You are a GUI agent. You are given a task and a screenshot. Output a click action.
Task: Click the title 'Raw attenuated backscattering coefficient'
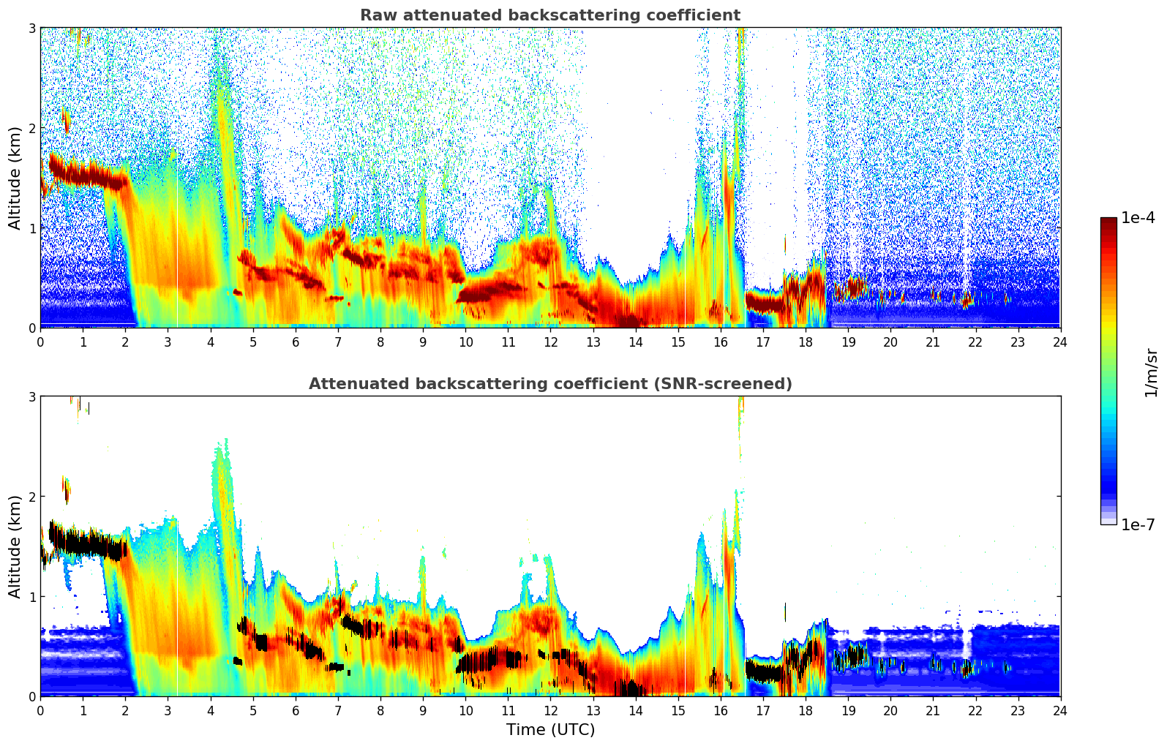(x=549, y=15)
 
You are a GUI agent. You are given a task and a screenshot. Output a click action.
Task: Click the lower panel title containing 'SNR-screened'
(x=549, y=384)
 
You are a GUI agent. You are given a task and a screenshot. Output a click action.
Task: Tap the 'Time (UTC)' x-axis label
(x=550, y=730)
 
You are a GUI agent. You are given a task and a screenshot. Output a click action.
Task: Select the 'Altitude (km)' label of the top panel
(x=15, y=178)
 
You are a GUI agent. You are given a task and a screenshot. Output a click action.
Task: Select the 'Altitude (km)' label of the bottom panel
(x=15, y=546)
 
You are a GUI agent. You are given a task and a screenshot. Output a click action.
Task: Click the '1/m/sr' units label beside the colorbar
(x=1151, y=372)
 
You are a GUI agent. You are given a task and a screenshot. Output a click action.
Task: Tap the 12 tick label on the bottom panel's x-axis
(x=550, y=711)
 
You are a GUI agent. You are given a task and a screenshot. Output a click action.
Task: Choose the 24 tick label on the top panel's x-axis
(x=1060, y=342)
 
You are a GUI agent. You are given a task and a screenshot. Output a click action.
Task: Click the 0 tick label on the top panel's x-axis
(x=40, y=342)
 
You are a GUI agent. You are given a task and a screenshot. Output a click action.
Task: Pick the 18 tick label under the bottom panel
(x=805, y=711)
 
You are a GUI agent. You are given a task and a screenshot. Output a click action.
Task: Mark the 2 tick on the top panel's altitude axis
(x=32, y=128)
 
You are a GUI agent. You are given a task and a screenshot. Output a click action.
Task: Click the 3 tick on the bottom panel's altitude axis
(x=32, y=397)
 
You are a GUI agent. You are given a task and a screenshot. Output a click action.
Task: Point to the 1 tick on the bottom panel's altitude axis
(x=32, y=597)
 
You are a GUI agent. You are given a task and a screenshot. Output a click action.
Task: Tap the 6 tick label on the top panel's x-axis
(x=296, y=342)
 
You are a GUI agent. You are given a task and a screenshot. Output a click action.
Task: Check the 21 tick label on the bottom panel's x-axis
(x=932, y=711)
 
